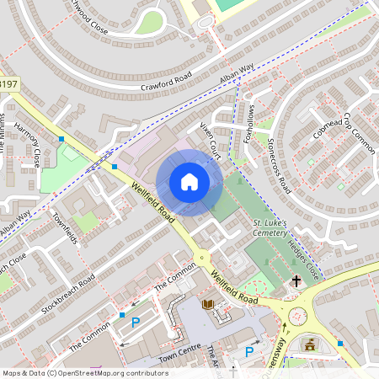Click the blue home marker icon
click(x=189, y=182)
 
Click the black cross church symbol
click(x=296, y=280)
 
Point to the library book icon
click(x=207, y=304)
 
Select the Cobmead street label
click(x=328, y=129)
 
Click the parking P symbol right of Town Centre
click(x=248, y=351)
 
